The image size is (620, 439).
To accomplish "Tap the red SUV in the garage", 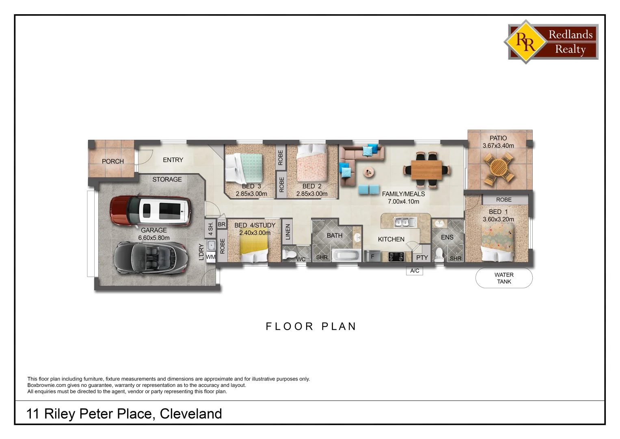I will coord(150,211).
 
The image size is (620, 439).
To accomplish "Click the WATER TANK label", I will coord(504,278).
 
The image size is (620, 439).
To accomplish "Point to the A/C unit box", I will coord(415,271).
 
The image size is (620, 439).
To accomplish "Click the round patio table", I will coord(498,168).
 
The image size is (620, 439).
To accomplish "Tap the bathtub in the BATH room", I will coord(346,256).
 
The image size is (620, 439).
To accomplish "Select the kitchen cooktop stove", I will coord(396,256).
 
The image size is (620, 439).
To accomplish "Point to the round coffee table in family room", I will coord(369,172).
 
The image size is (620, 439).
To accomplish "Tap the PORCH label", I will coord(113,161).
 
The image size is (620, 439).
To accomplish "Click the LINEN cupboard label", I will coord(287,232).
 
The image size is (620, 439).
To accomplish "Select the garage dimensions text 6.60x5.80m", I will coord(154,238).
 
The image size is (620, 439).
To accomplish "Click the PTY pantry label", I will coord(422,257).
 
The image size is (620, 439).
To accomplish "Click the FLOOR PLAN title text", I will coord(311,326).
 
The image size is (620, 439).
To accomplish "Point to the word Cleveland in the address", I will coord(191,414).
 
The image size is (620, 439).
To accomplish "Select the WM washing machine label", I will coord(210,257).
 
